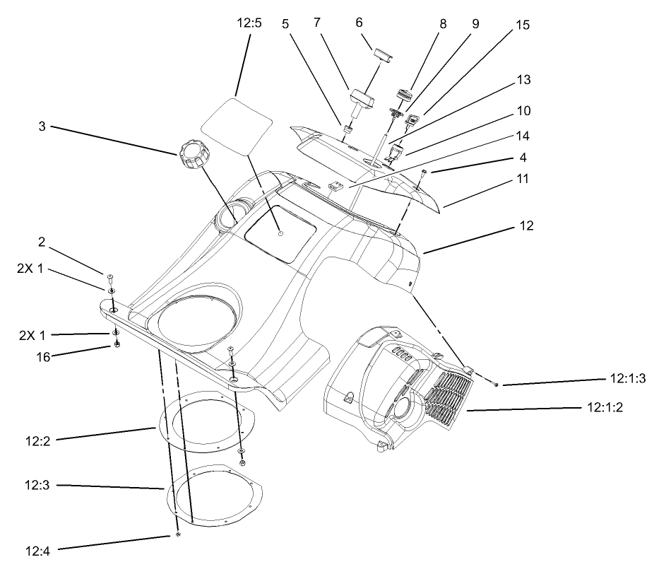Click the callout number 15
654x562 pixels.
(522, 25)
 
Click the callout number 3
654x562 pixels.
(44, 128)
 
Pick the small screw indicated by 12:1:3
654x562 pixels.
(497, 384)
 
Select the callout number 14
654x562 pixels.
(522, 136)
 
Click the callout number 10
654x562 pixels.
(522, 111)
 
